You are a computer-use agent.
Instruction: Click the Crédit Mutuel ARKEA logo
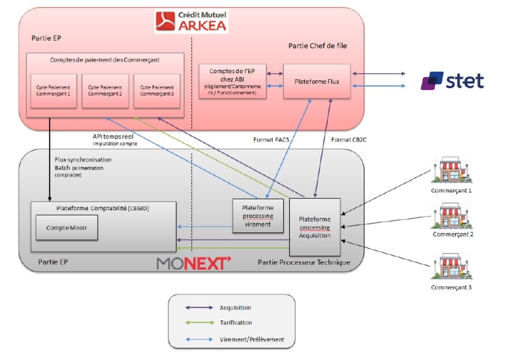[191, 20]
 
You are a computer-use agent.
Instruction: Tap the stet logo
[452, 81]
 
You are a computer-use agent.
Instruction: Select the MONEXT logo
[194, 263]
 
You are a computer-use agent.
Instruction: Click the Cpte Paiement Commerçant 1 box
[53, 90]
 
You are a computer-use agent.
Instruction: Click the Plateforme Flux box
[317, 81]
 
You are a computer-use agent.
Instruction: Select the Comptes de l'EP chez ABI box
[233, 81]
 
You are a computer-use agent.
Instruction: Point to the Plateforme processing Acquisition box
[314, 227]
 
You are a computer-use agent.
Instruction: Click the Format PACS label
[270, 139]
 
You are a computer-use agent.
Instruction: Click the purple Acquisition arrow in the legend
[199, 307]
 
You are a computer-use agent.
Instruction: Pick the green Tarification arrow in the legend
[199, 322]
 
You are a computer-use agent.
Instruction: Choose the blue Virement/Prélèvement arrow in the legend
[199, 339]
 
